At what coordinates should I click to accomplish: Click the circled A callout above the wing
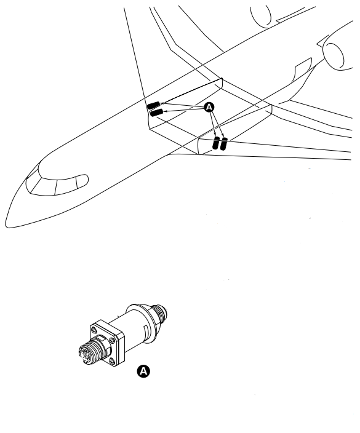[209, 107]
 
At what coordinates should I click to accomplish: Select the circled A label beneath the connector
[143, 371]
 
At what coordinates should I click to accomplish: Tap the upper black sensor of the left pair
[153, 105]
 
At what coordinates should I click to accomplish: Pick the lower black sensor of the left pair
[156, 113]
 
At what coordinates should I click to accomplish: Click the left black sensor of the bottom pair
[216, 143]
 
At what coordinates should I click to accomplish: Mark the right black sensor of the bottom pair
[224, 144]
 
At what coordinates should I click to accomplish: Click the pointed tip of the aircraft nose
[6, 224]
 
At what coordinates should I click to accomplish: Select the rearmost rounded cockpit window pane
[82, 181]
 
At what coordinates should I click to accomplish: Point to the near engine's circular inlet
[333, 55]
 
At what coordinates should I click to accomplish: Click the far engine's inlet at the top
[261, 16]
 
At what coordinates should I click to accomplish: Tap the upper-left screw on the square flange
[94, 330]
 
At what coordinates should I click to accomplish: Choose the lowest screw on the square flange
[112, 360]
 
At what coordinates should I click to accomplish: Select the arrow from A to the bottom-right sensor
[218, 124]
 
